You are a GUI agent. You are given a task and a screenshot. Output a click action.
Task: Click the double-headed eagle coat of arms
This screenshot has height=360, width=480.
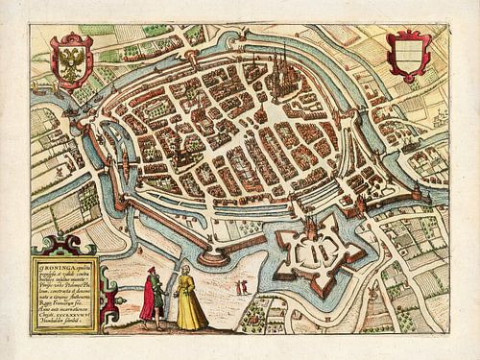74,60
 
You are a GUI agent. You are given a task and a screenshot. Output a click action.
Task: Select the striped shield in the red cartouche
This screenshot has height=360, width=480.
406,56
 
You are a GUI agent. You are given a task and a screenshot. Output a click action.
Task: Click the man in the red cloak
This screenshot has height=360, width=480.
151,297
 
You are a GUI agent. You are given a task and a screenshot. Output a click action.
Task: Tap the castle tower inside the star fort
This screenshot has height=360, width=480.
312,230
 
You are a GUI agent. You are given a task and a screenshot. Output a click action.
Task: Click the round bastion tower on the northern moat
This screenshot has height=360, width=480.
218,45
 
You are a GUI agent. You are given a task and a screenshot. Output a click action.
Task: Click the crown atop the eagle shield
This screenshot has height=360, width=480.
74,37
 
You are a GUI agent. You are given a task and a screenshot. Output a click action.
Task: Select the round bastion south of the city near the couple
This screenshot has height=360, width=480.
213,254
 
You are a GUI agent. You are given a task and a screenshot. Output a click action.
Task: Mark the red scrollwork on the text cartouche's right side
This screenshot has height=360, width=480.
108,298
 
